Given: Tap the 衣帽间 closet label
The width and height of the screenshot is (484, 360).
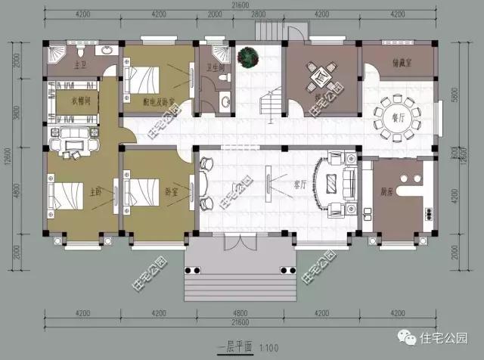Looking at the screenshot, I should [72, 98].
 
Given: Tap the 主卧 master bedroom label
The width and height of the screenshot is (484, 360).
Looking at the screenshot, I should [104, 191].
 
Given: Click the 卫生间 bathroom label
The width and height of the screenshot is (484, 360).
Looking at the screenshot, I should [213, 67].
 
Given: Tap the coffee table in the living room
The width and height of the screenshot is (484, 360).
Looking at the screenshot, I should [330, 182].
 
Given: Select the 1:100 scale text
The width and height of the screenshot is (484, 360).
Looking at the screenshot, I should [270, 347].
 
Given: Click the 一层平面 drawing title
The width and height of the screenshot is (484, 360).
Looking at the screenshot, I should [236, 347].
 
